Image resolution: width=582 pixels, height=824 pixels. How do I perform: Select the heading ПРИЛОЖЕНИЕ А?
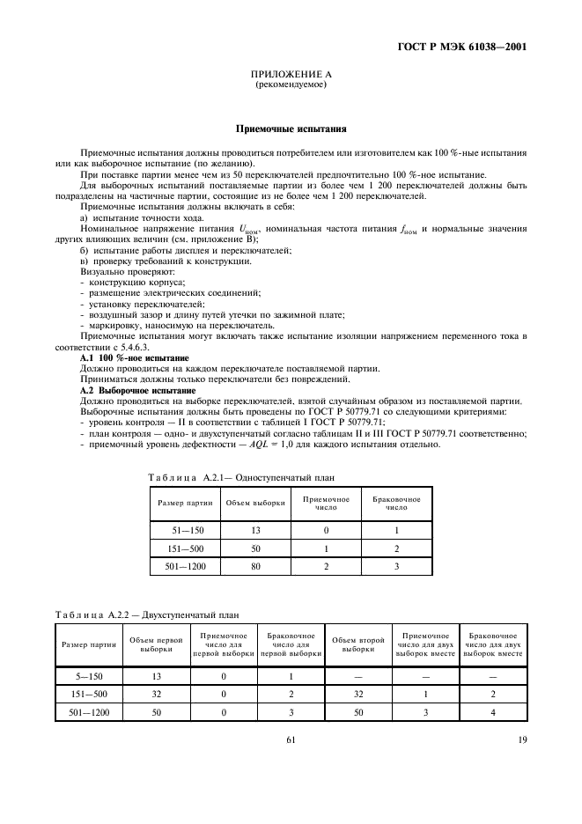(x=290, y=77)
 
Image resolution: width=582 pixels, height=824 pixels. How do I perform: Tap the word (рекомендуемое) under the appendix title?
(x=290, y=86)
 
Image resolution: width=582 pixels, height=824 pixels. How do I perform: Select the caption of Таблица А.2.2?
(x=147, y=614)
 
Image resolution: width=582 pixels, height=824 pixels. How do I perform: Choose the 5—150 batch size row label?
(x=88, y=676)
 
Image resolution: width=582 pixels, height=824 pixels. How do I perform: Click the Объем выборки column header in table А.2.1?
(x=254, y=504)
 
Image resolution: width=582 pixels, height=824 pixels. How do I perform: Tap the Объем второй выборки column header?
(x=357, y=647)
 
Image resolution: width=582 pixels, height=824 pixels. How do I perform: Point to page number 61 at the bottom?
(x=290, y=739)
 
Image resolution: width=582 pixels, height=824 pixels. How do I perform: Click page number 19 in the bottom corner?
(x=522, y=739)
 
